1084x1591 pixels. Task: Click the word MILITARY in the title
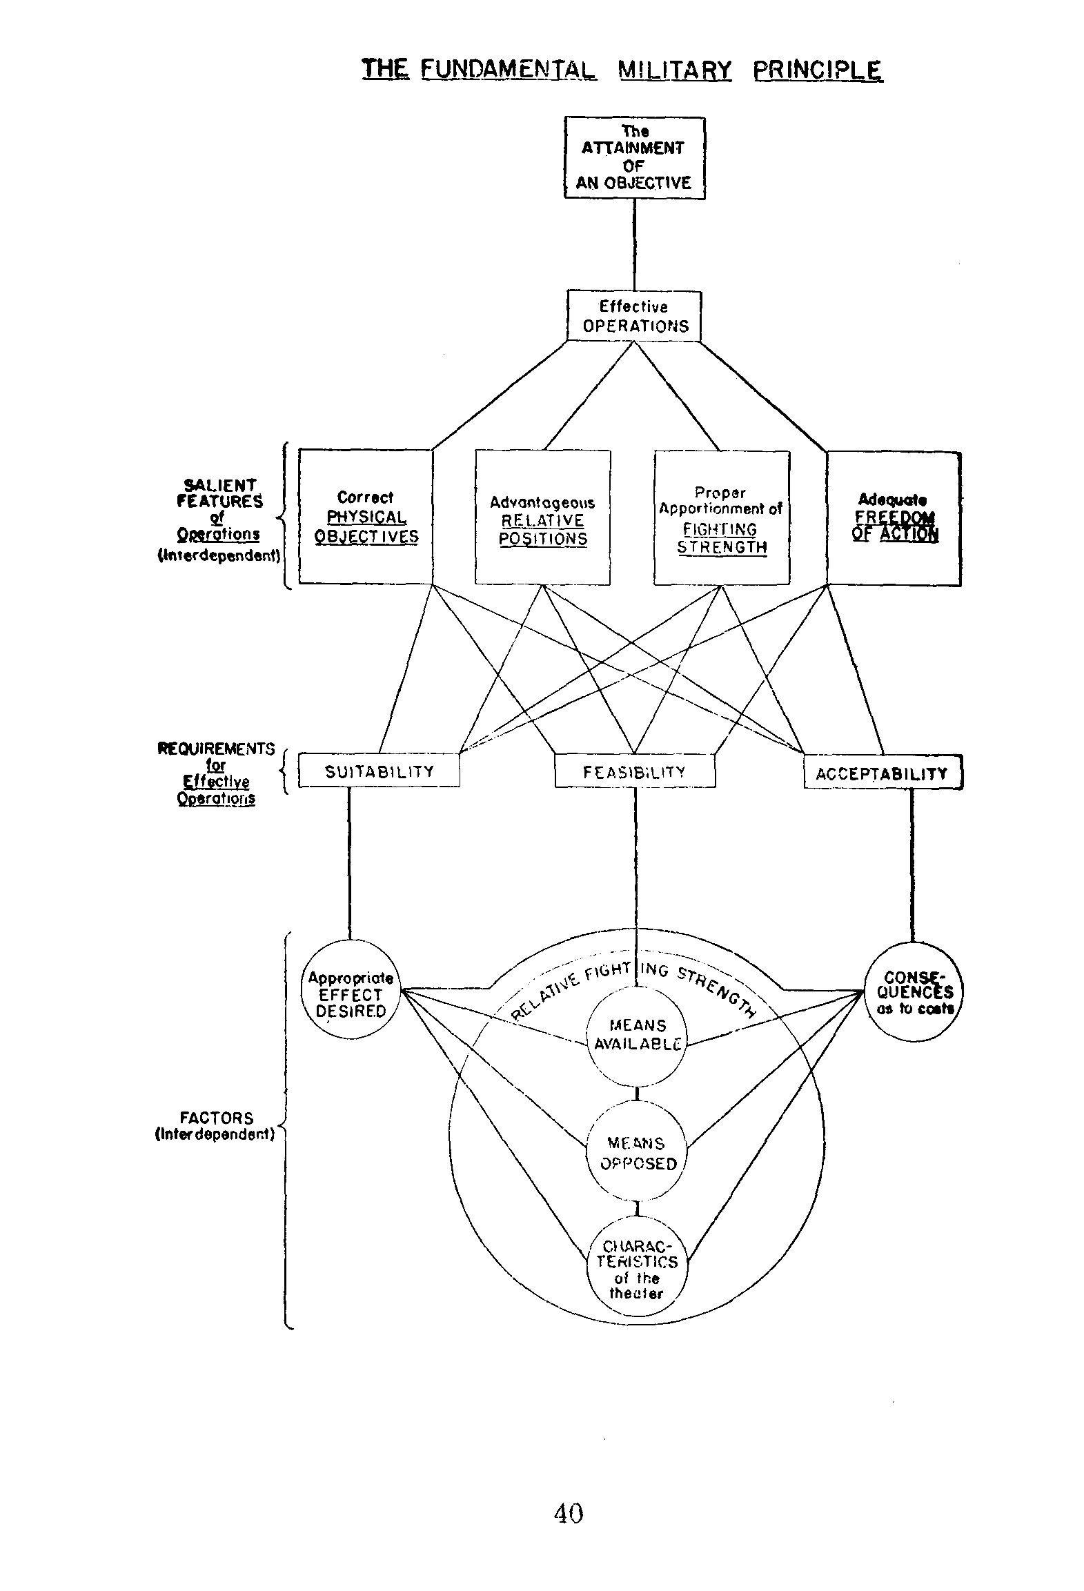674,70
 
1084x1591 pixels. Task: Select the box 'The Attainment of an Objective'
634,157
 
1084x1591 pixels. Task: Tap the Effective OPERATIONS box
634,316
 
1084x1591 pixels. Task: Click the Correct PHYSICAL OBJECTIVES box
366,517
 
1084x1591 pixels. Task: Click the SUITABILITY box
379,771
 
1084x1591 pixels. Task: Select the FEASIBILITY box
635,771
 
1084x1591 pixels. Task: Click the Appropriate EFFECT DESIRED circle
351,994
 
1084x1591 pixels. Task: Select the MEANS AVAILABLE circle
636,1035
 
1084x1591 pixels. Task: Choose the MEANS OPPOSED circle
636,1153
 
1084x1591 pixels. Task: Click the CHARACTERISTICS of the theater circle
636,1269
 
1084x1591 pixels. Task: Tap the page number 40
569,1513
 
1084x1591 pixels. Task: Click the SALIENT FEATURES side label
219,493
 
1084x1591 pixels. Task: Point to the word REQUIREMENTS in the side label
217,749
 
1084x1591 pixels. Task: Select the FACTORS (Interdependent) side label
216,1126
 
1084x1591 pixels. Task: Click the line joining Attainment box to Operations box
634,245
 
